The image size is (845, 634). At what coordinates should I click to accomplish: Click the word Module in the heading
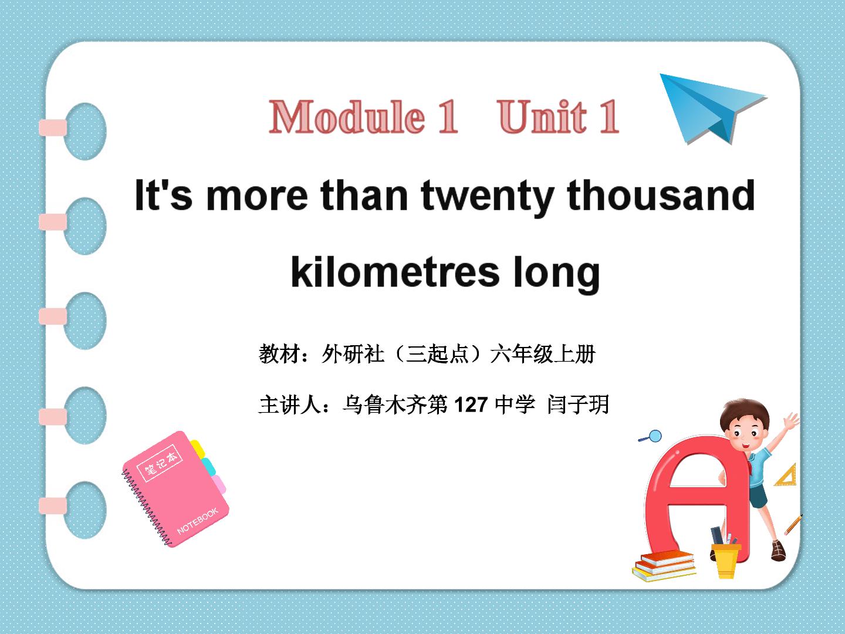tap(347, 116)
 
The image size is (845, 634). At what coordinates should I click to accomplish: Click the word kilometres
tap(395, 272)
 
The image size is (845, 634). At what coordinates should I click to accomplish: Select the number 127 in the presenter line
tap(471, 404)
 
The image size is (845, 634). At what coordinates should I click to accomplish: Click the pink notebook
tap(175, 489)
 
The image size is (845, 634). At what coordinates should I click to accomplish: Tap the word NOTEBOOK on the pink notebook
tap(198, 521)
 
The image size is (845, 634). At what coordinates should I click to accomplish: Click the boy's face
tap(746, 434)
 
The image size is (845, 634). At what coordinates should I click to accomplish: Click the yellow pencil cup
tap(726, 560)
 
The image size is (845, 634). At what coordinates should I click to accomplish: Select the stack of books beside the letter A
tap(664, 566)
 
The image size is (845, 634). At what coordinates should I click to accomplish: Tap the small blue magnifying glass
tap(651, 437)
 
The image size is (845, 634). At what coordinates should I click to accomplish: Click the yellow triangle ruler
tap(786, 475)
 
